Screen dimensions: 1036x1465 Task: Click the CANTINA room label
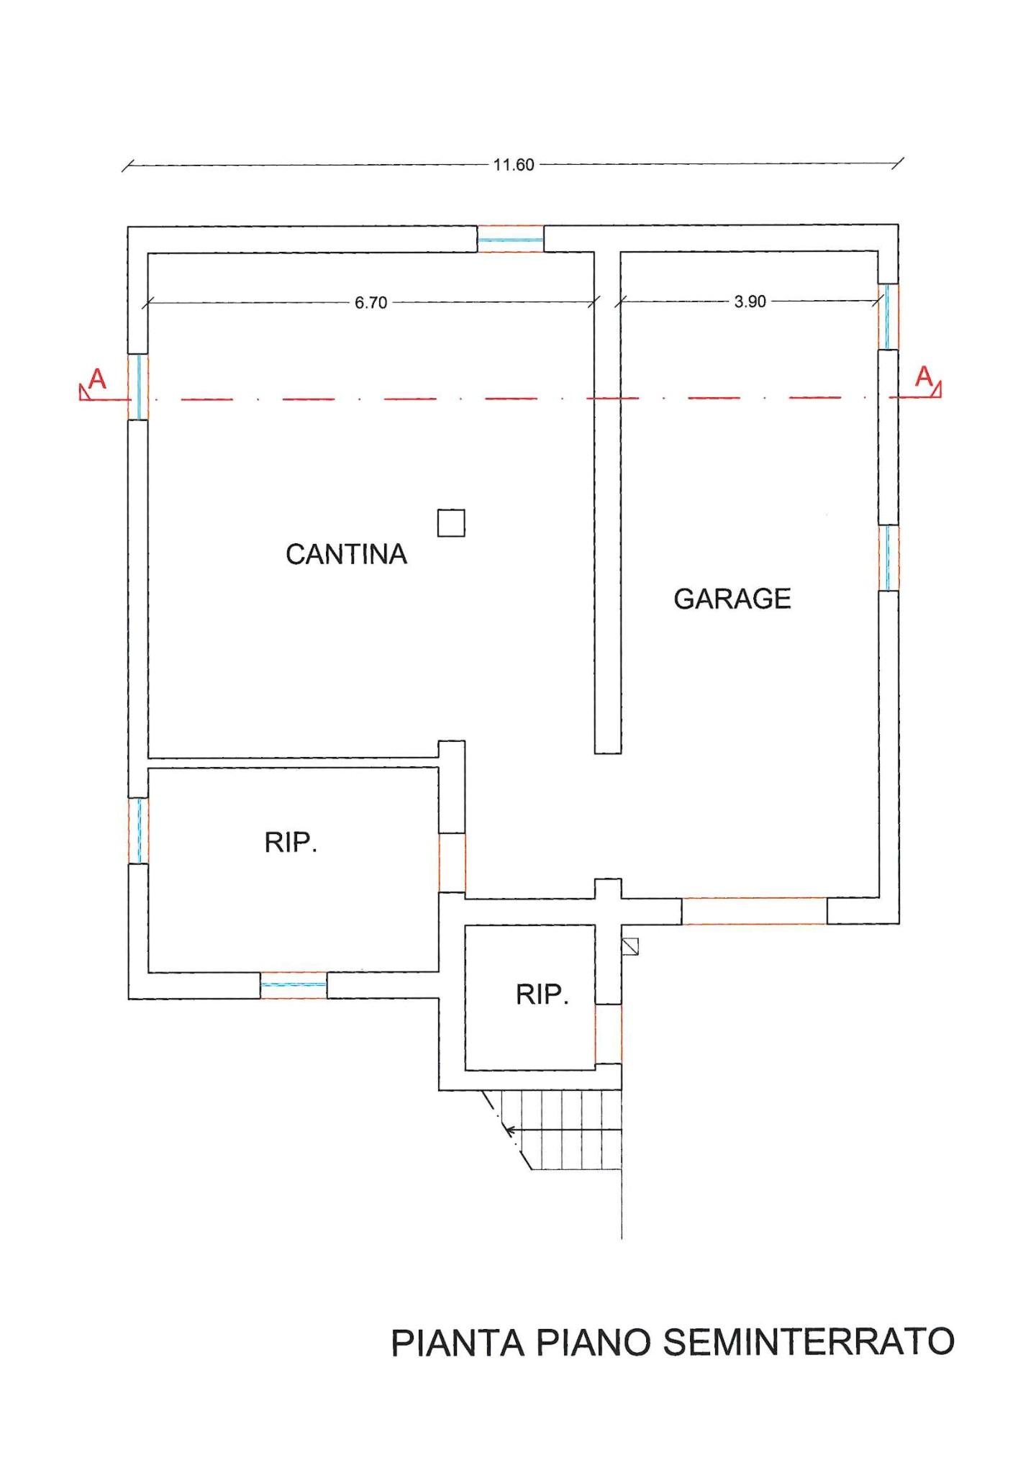[x=346, y=554]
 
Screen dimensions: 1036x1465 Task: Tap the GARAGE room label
[x=732, y=599]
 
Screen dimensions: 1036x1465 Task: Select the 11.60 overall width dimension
[x=514, y=165]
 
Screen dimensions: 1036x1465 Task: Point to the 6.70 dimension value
[x=371, y=303]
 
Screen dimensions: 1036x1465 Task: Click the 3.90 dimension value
[x=750, y=301]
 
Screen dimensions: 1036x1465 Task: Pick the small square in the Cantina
[x=451, y=523]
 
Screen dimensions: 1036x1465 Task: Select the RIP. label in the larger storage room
[x=291, y=843]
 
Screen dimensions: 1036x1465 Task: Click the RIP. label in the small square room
[x=542, y=994]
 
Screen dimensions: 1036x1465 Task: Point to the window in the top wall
[x=511, y=239]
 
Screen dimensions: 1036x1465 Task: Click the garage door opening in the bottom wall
[x=754, y=911]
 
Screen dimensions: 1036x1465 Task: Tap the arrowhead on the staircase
[x=511, y=1130]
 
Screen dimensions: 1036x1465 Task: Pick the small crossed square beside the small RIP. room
[x=630, y=945]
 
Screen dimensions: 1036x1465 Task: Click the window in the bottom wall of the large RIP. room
[x=294, y=985]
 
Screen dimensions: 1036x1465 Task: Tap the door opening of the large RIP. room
[x=452, y=863]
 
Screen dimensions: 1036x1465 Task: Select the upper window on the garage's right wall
[x=889, y=317]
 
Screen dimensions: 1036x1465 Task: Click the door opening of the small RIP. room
[x=608, y=1034]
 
